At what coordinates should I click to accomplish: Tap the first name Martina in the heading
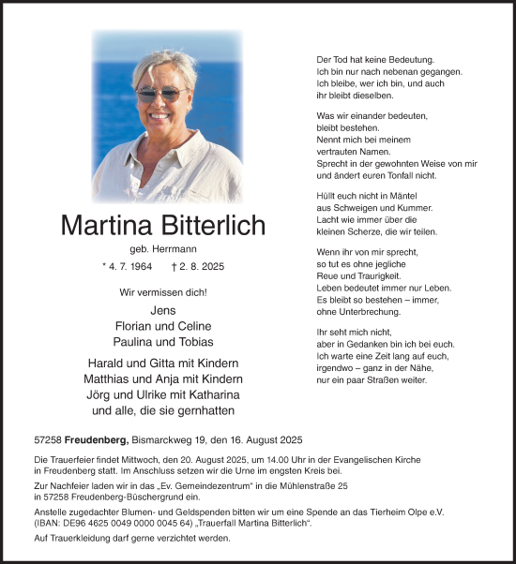[107, 226]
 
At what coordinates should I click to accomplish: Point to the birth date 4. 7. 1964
[132, 267]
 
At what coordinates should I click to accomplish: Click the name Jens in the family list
[162, 310]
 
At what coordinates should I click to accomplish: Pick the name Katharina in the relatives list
[210, 394]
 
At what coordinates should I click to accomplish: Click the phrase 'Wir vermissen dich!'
[162, 292]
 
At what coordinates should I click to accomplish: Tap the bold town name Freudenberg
[97, 439]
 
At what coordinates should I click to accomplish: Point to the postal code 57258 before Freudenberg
[47, 439]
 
